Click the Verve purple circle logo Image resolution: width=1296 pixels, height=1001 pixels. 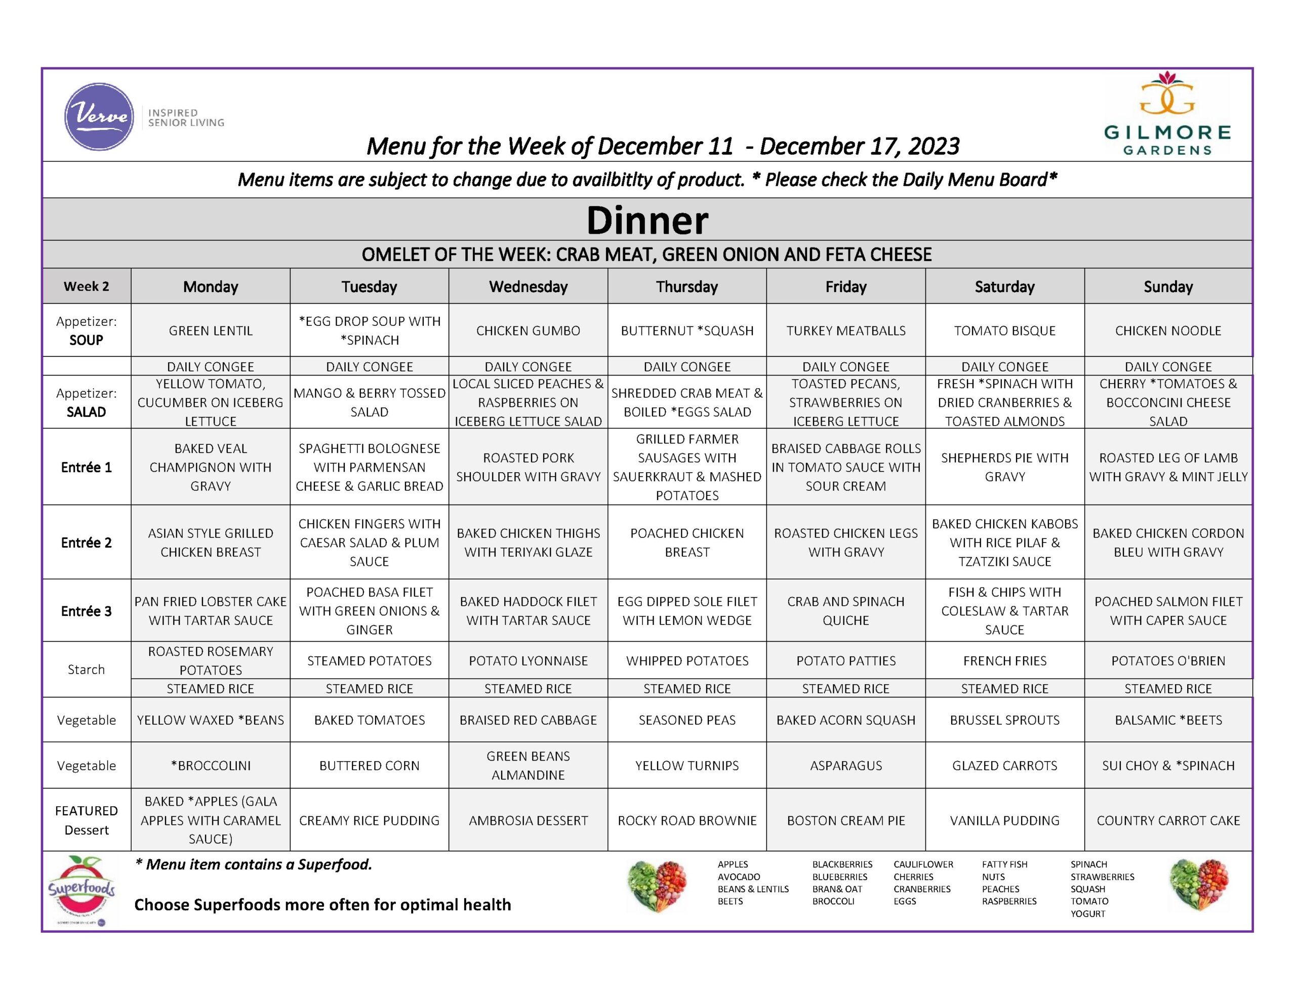tap(99, 116)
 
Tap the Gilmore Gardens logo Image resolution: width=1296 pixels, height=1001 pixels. tap(1166, 113)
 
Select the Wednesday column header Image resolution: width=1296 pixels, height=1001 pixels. tap(528, 286)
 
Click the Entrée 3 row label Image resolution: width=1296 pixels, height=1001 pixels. tap(86, 611)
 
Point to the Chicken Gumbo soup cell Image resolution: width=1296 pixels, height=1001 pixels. tap(528, 330)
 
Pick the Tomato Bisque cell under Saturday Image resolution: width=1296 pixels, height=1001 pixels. tap(1004, 330)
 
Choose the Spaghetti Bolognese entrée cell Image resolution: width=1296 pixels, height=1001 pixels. tap(369, 467)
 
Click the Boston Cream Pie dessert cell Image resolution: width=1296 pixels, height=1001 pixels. tap(845, 820)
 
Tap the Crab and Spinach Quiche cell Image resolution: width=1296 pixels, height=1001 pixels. tap(845, 611)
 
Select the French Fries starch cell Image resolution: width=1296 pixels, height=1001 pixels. tap(1004, 660)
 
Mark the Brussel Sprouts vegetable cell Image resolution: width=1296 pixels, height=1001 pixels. tap(1004, 720)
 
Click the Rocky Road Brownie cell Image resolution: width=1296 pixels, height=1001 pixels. tap(687, 820)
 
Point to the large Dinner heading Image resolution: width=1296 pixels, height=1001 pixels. tap(647, 220)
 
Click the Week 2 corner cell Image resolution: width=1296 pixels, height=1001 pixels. tap(86, 286)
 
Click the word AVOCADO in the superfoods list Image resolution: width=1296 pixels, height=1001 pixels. tap(738, 877)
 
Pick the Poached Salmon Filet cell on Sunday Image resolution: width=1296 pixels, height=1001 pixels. tap(1168, 611)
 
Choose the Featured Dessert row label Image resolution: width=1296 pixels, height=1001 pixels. tap(86, 820)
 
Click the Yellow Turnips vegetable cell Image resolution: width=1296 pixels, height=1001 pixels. tap(687, 766)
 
